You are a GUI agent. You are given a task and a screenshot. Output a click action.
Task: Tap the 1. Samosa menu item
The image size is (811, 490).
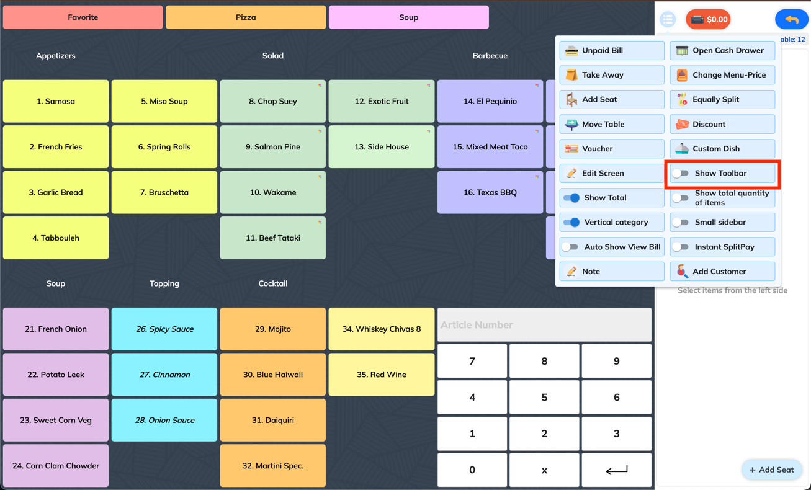(x=56, y=101)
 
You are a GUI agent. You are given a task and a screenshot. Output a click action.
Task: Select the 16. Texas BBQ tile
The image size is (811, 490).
(x=490, y=192)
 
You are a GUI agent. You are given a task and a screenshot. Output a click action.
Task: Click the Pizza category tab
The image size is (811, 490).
(x=246, y=17)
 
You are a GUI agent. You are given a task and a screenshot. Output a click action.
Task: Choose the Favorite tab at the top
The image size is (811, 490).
(x=83, y=17)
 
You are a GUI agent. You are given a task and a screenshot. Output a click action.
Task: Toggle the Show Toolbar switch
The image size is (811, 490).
(x=681, y=173)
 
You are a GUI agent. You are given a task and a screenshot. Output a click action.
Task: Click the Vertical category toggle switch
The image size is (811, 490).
(x=571, y=222)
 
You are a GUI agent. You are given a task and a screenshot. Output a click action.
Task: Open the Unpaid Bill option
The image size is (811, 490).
(x=612, y=50)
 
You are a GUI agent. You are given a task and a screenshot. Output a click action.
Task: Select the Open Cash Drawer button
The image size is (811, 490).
(x=722, y=50)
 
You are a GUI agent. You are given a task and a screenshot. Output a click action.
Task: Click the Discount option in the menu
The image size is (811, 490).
(x=722, y=124)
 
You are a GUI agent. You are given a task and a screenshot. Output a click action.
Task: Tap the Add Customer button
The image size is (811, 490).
(x=722, y=272)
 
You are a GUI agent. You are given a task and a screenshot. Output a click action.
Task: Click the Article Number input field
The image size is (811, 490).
(x=544, y=324)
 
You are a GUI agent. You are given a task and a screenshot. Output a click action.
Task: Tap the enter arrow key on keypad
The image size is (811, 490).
(x=616, y=470)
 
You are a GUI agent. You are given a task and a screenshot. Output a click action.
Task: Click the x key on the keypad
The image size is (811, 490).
(x=544, y=470)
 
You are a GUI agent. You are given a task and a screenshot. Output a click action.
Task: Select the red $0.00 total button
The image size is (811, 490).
(x=708, y=19)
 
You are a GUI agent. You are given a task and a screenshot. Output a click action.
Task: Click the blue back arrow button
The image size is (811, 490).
(x=792, y=19)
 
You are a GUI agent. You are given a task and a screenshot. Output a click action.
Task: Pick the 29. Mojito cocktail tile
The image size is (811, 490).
(x=272, y=329)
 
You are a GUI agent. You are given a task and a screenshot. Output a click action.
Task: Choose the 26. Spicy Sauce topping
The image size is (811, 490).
(x=164, y=329)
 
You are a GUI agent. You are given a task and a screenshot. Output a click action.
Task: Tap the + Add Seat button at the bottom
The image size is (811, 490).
(x=772, y=470)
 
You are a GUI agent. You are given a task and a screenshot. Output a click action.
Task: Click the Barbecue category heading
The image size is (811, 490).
(x=490, y=56)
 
